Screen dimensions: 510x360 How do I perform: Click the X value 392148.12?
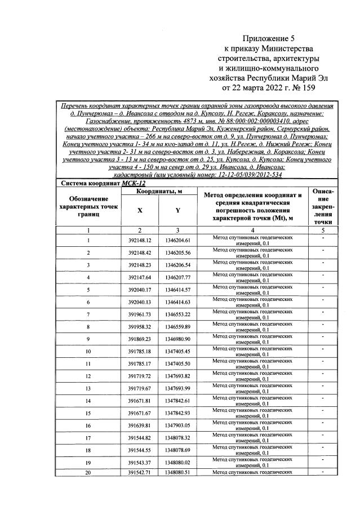point(139,241)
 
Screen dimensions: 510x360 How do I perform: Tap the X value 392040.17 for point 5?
point(139,290)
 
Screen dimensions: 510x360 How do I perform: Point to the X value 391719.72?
point(139,375)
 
